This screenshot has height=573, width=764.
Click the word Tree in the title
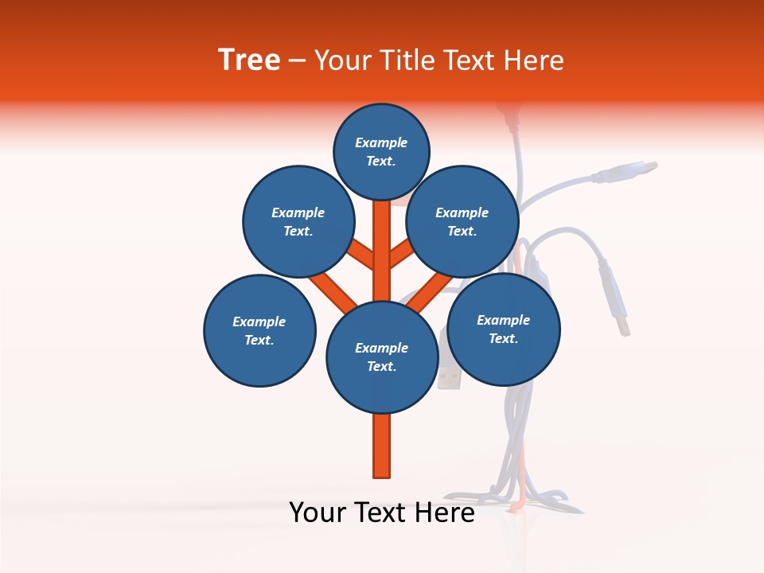249,60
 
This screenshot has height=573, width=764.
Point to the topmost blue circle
381,152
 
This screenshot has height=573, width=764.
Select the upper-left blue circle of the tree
298,222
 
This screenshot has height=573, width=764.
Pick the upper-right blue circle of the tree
462,222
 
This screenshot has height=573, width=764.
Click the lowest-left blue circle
259,331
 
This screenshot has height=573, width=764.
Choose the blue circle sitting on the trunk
382,357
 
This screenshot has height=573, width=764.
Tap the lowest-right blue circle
504,329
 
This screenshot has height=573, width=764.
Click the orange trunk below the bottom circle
382,446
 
